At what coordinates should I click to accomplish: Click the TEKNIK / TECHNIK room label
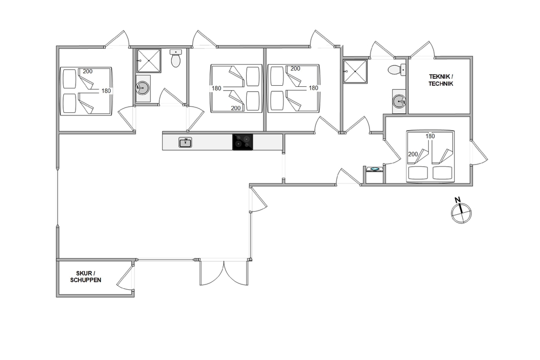coord(441,80)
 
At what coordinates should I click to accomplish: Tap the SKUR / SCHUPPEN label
coord(86,277)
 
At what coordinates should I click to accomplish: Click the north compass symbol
coord(461,213)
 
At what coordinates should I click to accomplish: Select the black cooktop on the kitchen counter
coord(242,142)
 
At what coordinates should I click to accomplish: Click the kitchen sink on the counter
coord(185,142)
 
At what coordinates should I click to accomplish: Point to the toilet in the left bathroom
coord(175,58)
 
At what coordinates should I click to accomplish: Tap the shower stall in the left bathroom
coord(149,60)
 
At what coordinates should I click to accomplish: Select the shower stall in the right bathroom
coord(355,71)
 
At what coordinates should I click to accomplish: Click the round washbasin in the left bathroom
coord(143,88)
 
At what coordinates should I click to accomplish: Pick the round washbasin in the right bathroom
coord(399,101)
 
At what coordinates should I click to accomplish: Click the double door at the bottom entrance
coord(224,273)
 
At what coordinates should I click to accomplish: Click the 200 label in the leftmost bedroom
coord(88,71)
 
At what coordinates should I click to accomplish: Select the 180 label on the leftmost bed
coord(106,91)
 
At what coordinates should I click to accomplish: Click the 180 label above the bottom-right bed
coord(430,136)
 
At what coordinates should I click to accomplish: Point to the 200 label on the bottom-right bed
coord(413,154)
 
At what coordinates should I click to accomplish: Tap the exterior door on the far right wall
coord(479,153)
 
